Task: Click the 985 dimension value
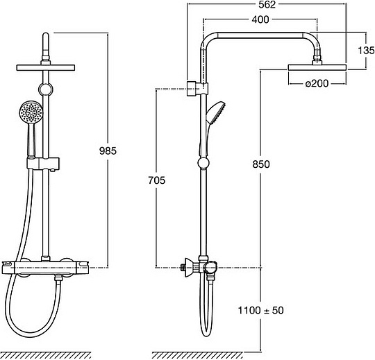coord(108,151)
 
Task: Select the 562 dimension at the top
coord(267,5)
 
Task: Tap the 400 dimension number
coord(260,19)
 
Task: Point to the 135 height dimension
coord(366,51)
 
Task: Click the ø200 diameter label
coord(317,83)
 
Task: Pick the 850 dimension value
coord(261,164)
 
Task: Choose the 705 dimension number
coord(157,180)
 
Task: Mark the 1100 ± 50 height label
coord(260,310)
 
